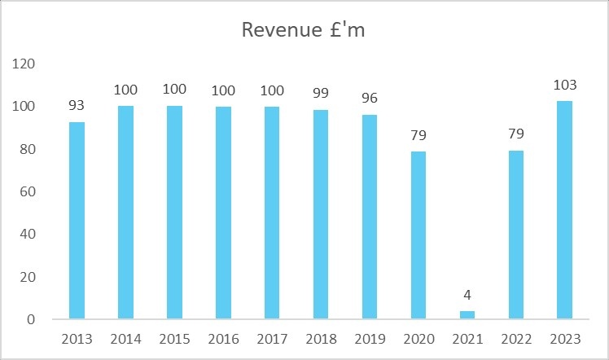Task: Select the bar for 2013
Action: (x=77, y=220)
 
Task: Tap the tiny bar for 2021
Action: (x=467, y=314)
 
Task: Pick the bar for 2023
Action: (x=564, y=209)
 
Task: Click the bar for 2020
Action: (x=418, y=235)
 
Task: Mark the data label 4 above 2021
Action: (x=467, y=294)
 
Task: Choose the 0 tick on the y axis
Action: (x=30, y=320)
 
